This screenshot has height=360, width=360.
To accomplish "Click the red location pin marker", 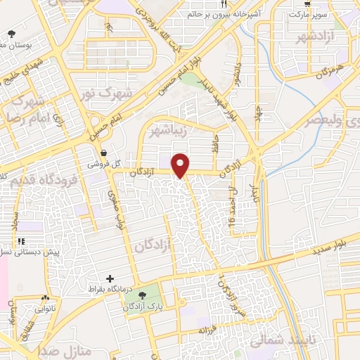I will tap(181, 165).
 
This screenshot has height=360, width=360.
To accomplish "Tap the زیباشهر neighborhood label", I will tap(168, 129).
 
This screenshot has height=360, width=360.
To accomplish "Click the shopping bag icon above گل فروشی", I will tap(104, 153).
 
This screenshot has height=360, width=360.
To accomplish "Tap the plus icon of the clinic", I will tap(110, 278).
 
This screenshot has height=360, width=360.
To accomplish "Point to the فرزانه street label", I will tap(205, 330).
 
